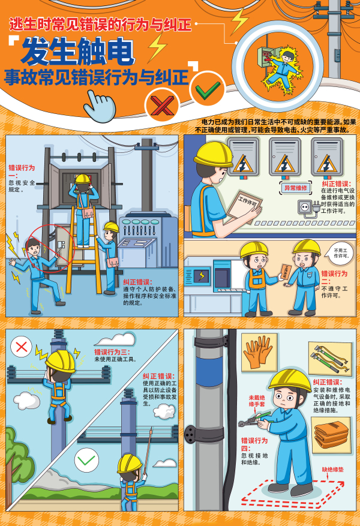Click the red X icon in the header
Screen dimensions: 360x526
pos(162,106)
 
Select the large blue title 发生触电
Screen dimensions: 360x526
pos(77,52)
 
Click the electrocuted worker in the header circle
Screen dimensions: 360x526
pos(282,69)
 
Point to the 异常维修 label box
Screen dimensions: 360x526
pos(295,188)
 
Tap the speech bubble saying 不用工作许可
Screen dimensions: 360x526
pos(340,253)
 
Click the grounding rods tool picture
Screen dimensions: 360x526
pos(330,359)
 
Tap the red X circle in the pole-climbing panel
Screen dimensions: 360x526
pos(22,347)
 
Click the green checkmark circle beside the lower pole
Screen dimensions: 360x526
pos(86,460)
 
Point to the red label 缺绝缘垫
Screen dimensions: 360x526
pos(333,470)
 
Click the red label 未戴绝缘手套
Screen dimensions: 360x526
pos(257,401)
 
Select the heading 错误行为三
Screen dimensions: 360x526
pos(112,352)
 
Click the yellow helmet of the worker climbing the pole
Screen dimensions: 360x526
pos(60,361)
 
